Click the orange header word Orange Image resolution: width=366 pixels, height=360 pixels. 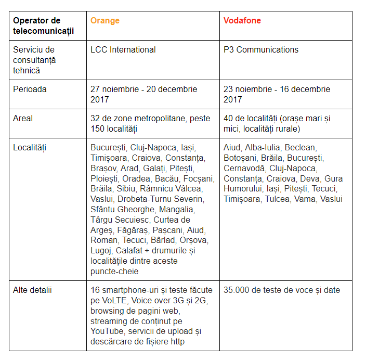pyautogui.click(x=105, y=21)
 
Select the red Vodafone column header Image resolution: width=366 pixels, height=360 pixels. pyautogui.click(x=242, y=21)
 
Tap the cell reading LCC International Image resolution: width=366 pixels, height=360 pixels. pyautogui.click(x=123, y=50)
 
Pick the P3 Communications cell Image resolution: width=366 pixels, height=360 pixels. pyautogui.click(x=261, y=50)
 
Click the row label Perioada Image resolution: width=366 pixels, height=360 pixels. pyautogui.click(x=30, y=89)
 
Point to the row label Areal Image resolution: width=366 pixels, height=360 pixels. pyautogui.click(x=23, y=119)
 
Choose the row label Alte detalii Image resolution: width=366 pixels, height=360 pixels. pyautogui.click(x=32, y=290)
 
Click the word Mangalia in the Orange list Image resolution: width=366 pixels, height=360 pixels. pyautogui.click(x=178, y=210)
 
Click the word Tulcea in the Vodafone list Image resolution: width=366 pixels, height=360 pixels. pyautogui.click(x=277, y=199)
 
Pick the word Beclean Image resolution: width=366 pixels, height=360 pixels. pyautogui.click(x=300, y=148)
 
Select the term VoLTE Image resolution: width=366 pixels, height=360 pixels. pyautogui.click(x=114, y=301)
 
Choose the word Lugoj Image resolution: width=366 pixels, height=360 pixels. pyautogui.click(x=101, y=251)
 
